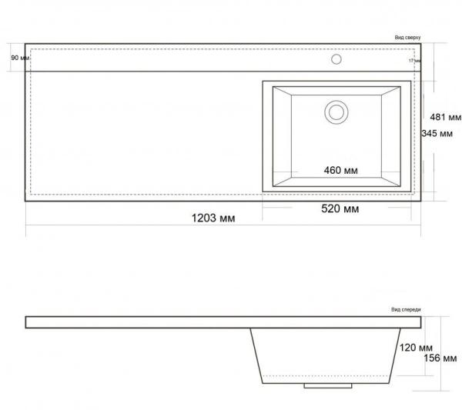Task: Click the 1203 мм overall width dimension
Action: pyautogui.click(x=213, y=218)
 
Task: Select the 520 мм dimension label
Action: pyautogui.click(x=339, y=209)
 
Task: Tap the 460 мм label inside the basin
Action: pyautogui.click(x=339, y=170)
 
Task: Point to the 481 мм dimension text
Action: pyautogui.click(x=445, y=118)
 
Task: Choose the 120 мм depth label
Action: pyautogui.click(x=417, y=348)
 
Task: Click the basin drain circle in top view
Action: pyautogui.click(x=336, y=112)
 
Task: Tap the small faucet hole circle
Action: pyautogui.click(x=336, y=58)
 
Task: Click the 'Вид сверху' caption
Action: pyautogui.click(x=408, y=38)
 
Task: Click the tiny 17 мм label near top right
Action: pyautogui.click(x=415, y=60)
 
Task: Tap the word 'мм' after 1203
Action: pyautogui.click(x=226, y=218)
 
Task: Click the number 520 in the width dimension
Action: pyautogui.click(x=330, y=209)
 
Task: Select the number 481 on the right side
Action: pyautogui.click(x=437, y=118)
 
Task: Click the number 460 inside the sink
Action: pyautogui.click(x=330, y=170)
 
